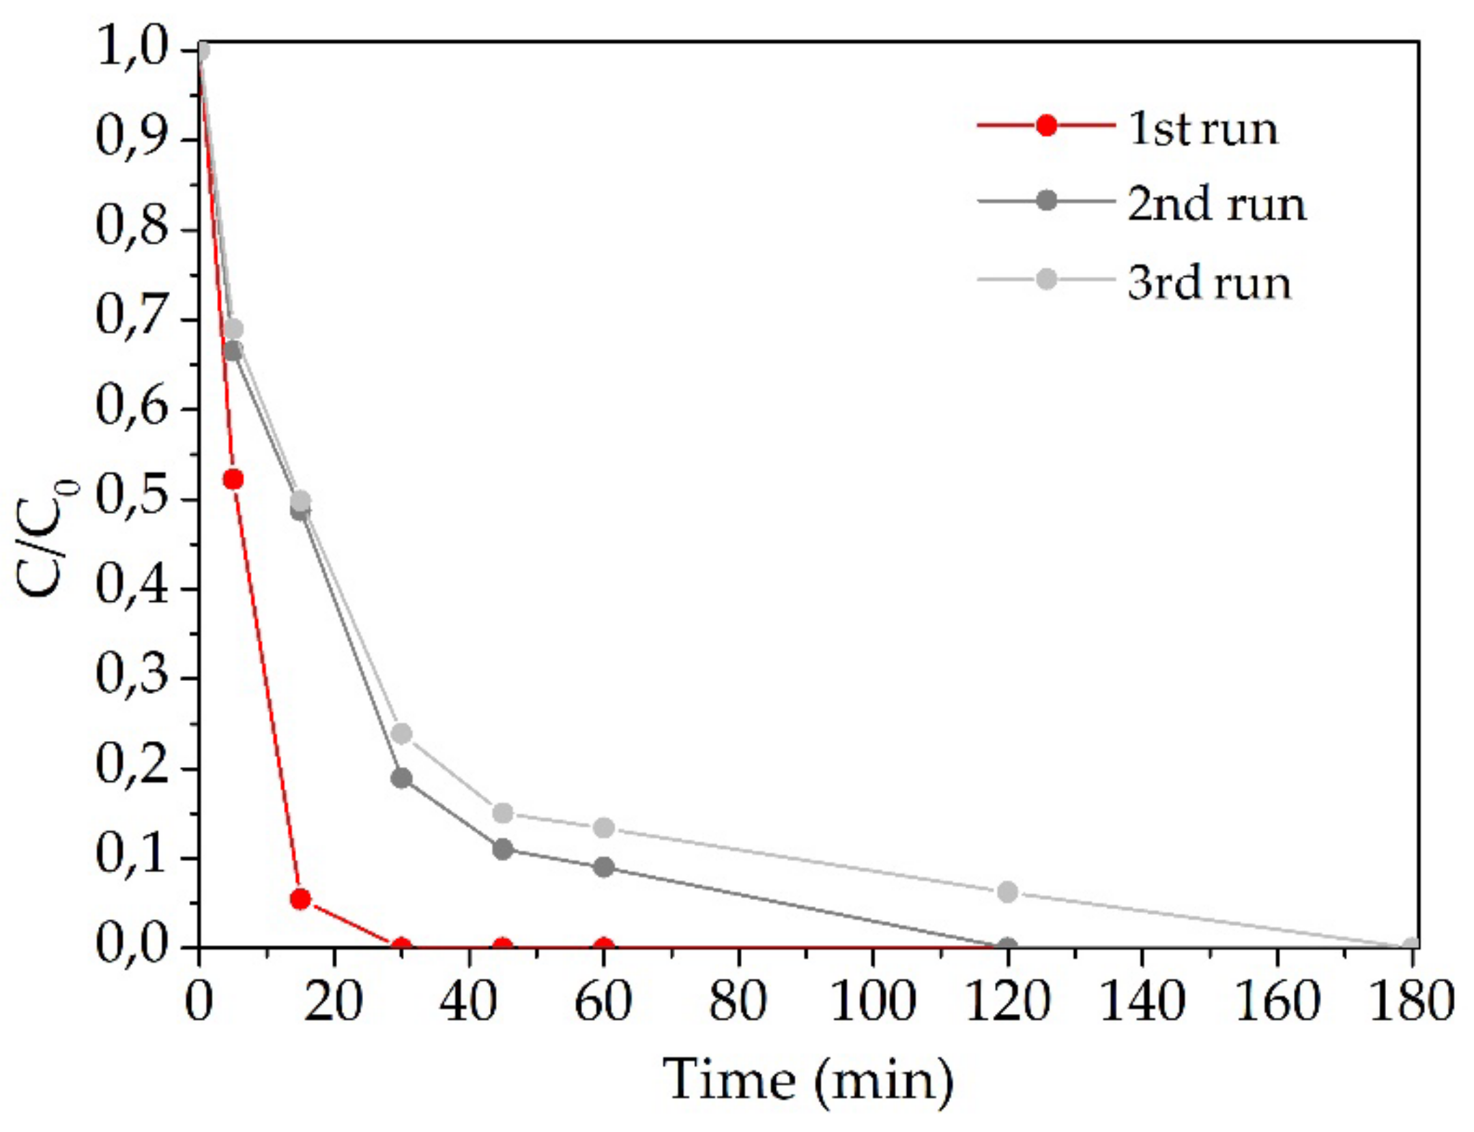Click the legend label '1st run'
[x=1202, y=128]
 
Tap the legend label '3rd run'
[x=1209, y=281]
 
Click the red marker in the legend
[x=1045, y=126]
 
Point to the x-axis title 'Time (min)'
[x=809, y=1080]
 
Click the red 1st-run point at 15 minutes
[x=300, y=899]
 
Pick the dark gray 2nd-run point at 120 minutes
[x=1007, y=947]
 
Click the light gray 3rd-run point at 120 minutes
[x=1007, y=891]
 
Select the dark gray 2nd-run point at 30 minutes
[x=401, y=777]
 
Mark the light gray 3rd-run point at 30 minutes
[x=401, y=734]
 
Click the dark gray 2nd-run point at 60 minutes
[x=603, y=867]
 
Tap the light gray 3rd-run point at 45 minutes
[x=503, y=813]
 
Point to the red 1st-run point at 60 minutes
[x=603, y=947]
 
